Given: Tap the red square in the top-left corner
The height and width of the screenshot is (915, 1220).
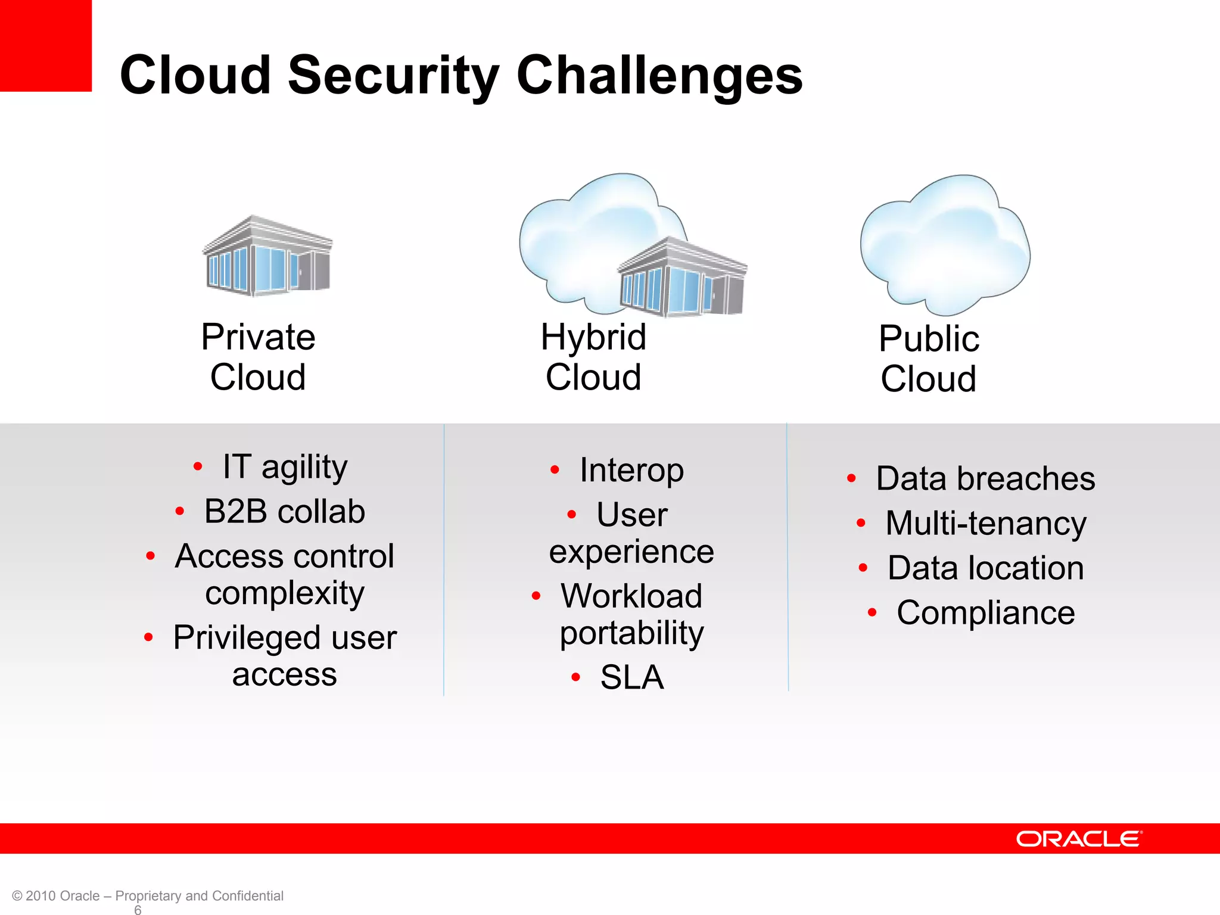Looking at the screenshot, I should [45, 45].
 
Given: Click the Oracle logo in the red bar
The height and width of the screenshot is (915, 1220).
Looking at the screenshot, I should [1079, 839].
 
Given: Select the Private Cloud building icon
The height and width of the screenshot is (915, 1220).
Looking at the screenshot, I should [267, 257].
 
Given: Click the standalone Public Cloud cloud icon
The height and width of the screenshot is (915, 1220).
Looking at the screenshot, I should [945, 245].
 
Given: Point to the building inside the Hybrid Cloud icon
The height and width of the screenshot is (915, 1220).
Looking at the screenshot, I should [683, 278].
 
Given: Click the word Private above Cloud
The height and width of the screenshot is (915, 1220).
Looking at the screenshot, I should [258, 337].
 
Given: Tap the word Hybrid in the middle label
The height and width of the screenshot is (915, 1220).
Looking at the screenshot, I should [593, 337].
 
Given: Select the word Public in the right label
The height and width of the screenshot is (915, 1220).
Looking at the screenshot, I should [929, 339].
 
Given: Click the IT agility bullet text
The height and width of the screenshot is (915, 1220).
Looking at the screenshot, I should [285, 466].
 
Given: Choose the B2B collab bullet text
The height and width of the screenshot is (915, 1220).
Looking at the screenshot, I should [284, 511].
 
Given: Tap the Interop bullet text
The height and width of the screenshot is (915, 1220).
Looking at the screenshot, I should [631, 471].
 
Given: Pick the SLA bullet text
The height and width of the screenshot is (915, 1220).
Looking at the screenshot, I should [631, 677].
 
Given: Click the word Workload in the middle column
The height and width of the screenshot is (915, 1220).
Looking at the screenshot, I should [631, 596].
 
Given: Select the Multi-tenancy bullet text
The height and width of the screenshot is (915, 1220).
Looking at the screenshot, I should [986, 524].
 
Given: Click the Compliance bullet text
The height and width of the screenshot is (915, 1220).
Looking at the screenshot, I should [986, 613].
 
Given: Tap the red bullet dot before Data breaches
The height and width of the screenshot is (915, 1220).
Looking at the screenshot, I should [851, 478].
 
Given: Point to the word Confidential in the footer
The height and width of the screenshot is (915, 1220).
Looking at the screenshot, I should [247, 896].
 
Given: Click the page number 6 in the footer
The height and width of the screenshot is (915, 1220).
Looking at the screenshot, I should [138, 910].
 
